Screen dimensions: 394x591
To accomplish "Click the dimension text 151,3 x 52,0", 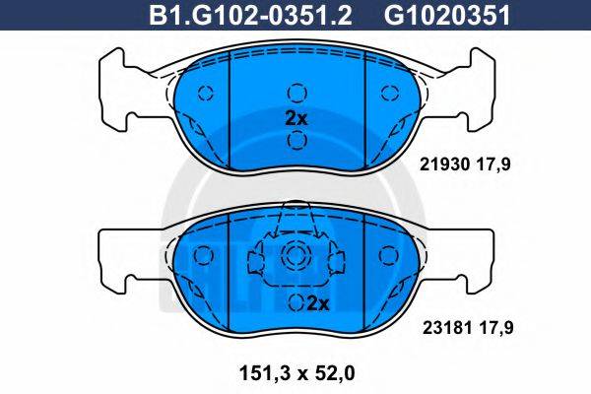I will pos(295,371).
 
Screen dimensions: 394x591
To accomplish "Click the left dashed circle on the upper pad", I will pos(206,94).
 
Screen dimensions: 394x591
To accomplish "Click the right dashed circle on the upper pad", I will pos(385,94).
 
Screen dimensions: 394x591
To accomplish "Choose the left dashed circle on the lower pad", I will pos(206,256).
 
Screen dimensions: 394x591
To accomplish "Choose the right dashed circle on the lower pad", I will pos(385,256).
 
